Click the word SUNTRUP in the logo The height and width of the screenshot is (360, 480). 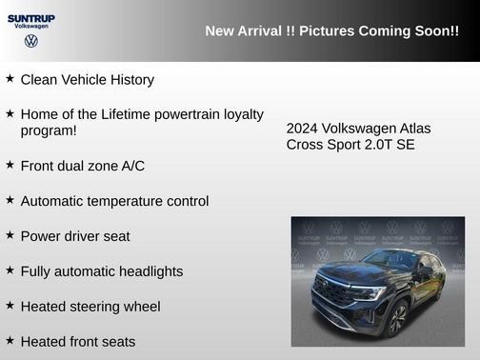point(30,17)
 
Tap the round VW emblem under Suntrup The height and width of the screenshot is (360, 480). point(31,41)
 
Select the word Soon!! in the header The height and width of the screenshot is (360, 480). point(435,31)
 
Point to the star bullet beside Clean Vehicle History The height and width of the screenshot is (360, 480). point(10,79)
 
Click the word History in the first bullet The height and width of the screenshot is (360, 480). point(129,80)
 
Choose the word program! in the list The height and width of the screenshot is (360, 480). point(49,130)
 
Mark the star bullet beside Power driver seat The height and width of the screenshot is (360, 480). point(10,235)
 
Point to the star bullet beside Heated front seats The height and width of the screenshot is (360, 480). point(10,340)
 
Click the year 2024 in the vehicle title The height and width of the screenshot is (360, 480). point(302,129)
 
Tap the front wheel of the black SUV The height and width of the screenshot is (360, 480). point(398,319)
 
